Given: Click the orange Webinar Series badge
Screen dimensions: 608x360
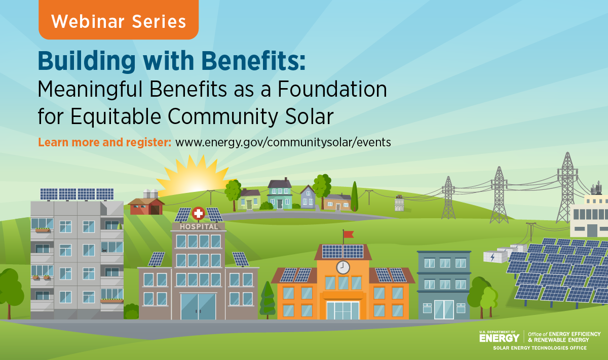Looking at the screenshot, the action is coord(119,20).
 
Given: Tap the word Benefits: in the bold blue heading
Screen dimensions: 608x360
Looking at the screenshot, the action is coord(253,61).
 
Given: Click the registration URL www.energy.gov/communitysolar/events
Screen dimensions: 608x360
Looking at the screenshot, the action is coord(283,142).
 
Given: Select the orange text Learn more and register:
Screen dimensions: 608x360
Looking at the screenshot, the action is coord(104,142).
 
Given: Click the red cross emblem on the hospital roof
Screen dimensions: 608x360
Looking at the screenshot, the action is coord(199,214).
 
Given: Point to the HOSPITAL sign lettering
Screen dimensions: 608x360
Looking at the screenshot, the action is coord(199,227).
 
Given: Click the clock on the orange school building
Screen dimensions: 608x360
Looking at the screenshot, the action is coord(343,267).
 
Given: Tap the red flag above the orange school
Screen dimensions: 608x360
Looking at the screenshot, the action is coord(349,234).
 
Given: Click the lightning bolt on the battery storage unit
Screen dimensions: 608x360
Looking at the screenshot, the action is coord(492,257).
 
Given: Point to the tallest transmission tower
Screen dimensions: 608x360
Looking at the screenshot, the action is coord(567,187).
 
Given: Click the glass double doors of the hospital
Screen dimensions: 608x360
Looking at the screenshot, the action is coord(198,306).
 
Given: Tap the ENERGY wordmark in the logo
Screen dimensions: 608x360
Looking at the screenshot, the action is coord(500,338).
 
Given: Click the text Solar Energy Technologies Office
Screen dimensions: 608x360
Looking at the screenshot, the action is coord(540,348).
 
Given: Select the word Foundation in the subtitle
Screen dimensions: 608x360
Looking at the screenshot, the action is coord(332,89).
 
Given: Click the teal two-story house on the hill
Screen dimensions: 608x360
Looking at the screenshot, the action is coord(280,194).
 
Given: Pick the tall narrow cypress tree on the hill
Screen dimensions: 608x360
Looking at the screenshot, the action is coord(354,196).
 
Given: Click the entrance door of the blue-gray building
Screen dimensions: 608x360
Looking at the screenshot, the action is coord(444,309).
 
